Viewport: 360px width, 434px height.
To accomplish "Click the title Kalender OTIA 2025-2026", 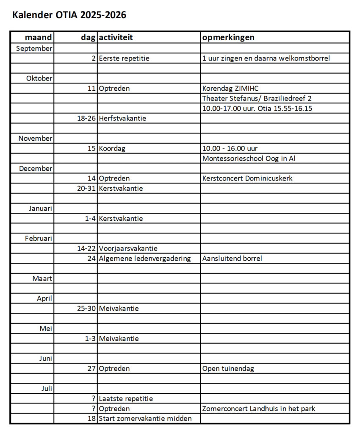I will (69, 15).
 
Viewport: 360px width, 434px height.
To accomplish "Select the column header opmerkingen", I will (228, 37).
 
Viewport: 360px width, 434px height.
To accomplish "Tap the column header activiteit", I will (116, 37).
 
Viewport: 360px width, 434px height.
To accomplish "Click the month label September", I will (34, 48).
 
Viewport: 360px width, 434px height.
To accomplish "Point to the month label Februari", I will (39, 238).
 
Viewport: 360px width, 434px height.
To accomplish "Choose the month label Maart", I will (42, 278).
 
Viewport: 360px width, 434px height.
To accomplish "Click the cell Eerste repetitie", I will (124, 58).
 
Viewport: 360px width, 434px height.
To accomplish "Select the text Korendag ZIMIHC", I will (230, 89).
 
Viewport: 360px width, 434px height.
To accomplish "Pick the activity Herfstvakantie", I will (122, 118).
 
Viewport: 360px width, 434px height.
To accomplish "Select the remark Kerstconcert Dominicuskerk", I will (247, 178).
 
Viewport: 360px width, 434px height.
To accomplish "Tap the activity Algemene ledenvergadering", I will (145, 259).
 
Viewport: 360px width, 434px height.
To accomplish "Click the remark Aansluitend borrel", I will (232, 259).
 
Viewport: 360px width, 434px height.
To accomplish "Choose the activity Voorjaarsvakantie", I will (128, 248).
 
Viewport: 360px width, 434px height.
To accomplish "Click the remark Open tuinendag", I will (228, 369).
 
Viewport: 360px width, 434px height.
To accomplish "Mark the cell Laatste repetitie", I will (126, 399).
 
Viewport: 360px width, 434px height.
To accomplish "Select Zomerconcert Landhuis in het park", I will (259, 409).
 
